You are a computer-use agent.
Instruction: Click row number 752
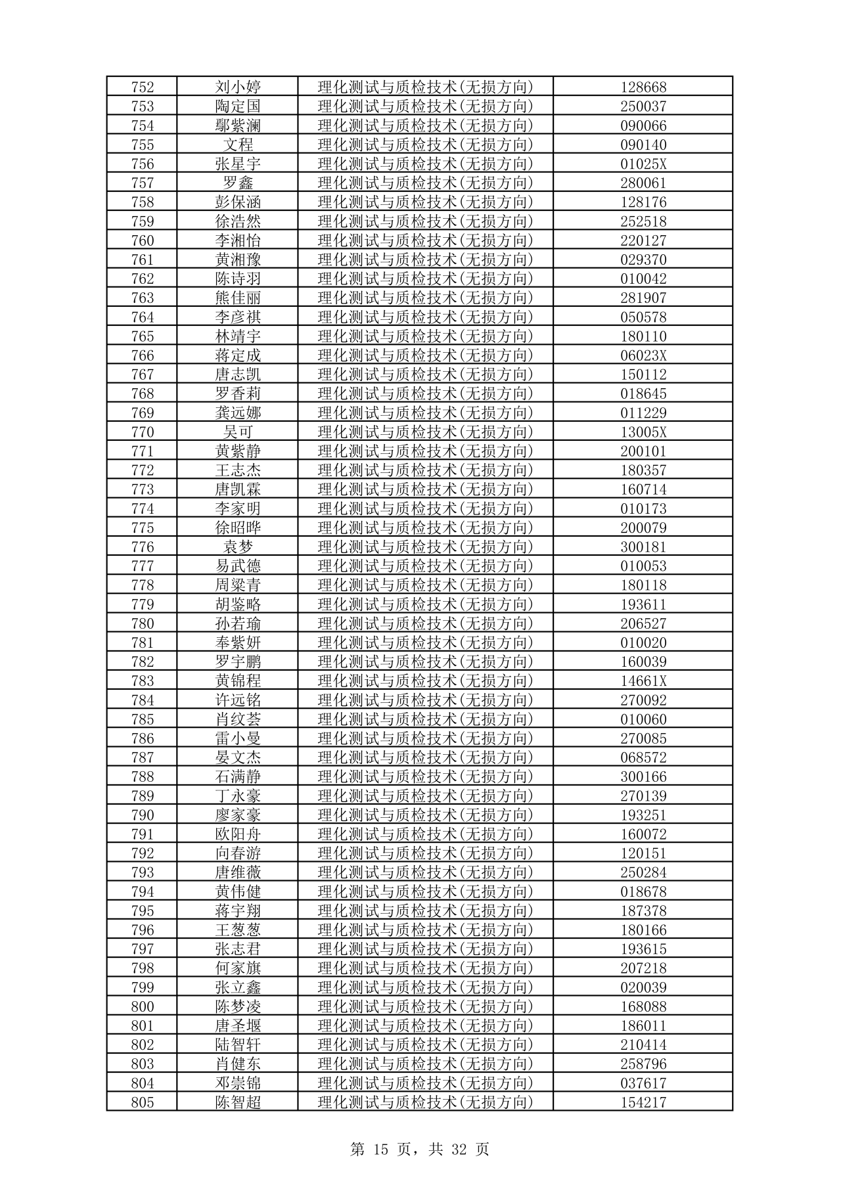coord(143,87)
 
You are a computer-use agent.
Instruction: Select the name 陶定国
coord(238,106)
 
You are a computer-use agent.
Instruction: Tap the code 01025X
coord(643,164)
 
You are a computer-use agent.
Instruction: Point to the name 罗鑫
coord(238,183)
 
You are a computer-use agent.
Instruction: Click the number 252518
coord(643,221)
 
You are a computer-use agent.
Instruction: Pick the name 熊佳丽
coord(238,298)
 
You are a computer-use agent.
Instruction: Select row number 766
coord(143,355)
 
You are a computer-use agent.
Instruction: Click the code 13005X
coord(643,432)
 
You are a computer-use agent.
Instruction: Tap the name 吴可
coord(238,432)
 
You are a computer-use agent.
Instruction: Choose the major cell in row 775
coord(425,528)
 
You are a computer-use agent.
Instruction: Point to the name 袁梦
coord(238,547)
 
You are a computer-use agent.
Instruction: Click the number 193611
coord(643,604)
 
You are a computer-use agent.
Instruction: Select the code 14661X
coord(643,681)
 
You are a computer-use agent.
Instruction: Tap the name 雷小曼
coord(238,738)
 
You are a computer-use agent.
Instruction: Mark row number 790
coord(143,815)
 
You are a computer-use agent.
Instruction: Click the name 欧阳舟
coord(238,834)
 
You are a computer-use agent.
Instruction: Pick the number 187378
coord(643,911)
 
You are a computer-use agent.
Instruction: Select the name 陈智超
coord(238,1102)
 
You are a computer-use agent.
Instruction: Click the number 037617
coord(643,1083)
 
